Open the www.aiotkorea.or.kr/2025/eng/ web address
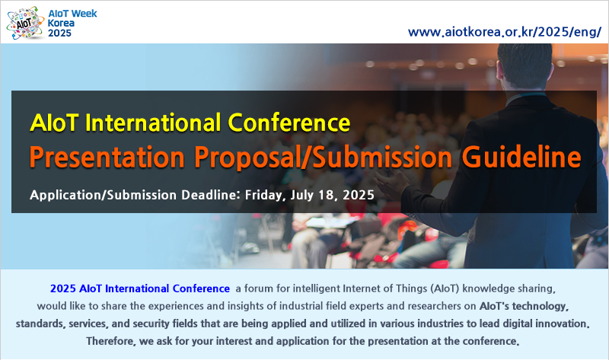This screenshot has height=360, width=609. point(505,32)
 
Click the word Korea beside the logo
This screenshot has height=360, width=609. point(61,24)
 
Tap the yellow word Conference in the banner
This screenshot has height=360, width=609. point(289,123)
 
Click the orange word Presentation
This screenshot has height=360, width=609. point(107,157)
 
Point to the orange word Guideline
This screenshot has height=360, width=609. point(521,157)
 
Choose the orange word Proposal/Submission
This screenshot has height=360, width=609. point(323,158)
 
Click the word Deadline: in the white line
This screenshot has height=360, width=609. point(211,195)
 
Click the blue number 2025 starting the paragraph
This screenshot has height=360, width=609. point(63,288)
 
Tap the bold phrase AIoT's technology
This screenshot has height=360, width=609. point(524,307)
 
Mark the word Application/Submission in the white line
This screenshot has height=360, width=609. point(104,195)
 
